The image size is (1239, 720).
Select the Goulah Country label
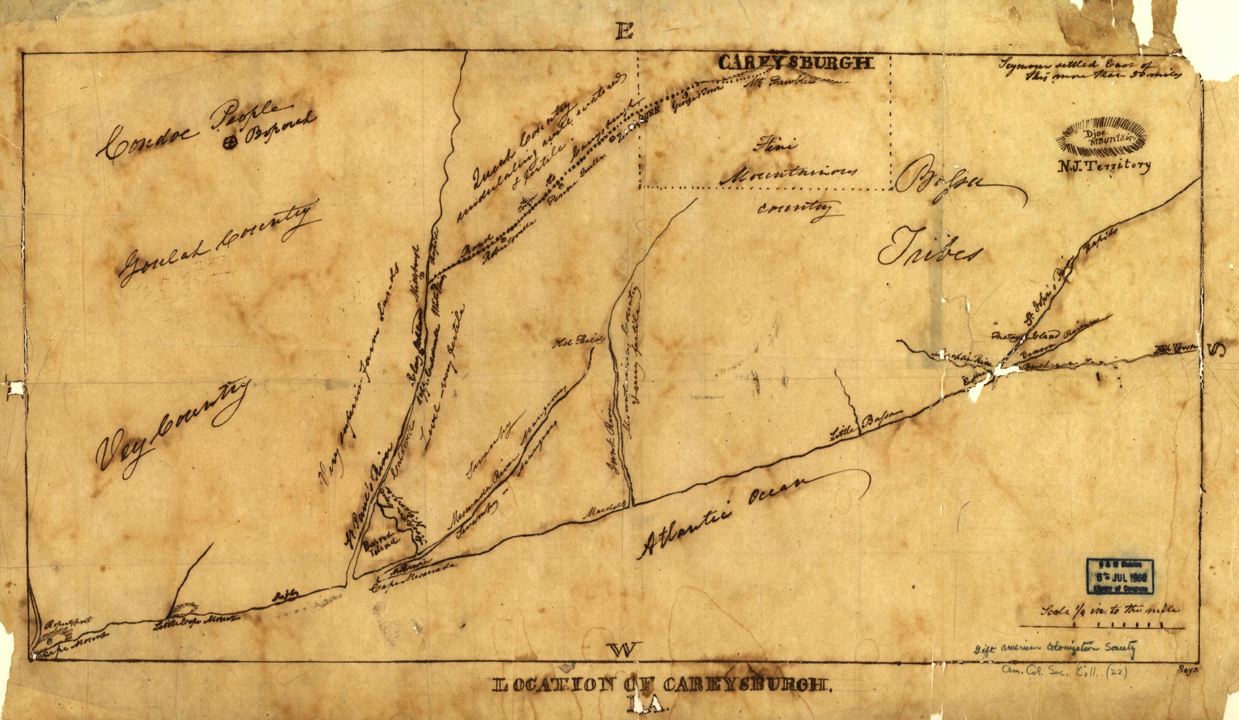(216, 246)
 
